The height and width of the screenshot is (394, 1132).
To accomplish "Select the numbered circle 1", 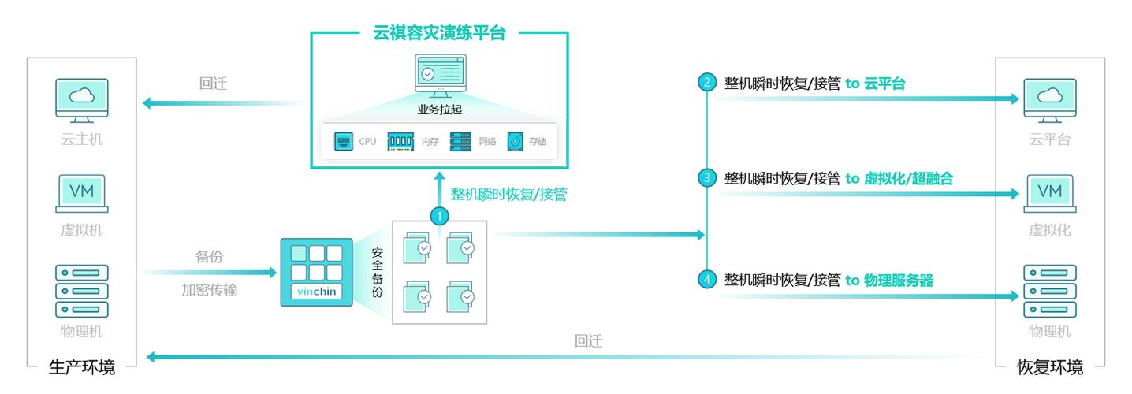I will [x=439, y=214].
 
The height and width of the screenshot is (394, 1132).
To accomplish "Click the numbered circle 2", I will [x=707, y=83].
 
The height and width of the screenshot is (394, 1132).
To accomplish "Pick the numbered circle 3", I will [x=707, y=179].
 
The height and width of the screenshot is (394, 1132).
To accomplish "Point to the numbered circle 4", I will [x=707, y=279].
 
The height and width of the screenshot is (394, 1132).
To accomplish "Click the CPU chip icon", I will [x=344, y=142].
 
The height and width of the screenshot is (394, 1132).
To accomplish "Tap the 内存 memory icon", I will [x=400, y=142].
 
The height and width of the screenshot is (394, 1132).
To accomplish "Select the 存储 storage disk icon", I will [x=516, y=142].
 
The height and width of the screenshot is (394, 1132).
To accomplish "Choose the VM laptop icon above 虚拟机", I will [x=82, y=194].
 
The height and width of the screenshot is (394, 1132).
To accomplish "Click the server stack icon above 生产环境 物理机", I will [x=82, y=291].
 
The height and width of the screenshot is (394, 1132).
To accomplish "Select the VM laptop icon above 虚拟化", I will [x=1049, y=194].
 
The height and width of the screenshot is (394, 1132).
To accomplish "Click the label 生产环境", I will [x=82, y=367].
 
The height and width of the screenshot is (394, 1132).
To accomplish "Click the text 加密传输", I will [x=209, y=290].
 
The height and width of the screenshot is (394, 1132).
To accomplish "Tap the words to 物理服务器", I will [x=889, y=279].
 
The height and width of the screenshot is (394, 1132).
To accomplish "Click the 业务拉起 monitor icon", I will [x=439, y=75].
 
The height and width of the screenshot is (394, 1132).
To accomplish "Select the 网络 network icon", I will [x=460, y=142].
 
